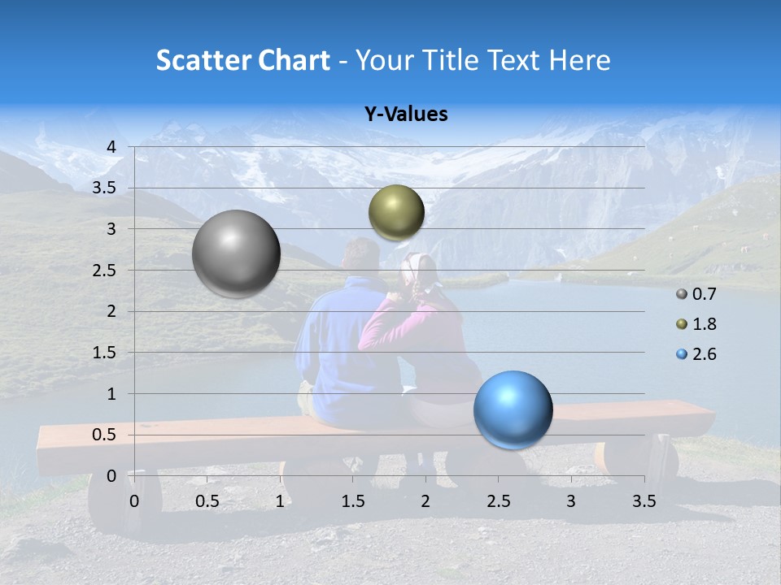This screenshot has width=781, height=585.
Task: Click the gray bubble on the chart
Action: click(x=236, y=253)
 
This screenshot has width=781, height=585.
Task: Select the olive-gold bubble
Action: click(x=396, y=212)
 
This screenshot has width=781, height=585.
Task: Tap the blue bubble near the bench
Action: click(x=513, y=409)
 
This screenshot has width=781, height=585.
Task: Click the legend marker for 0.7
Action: click(x=681, y=294)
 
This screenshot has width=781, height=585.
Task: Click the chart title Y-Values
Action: click(x=405, y=115)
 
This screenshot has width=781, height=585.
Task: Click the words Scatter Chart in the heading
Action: click(x=243, y=60)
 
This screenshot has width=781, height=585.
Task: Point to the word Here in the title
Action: click(x=580, y=60)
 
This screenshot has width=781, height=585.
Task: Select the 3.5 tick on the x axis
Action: click(x=644, y=501)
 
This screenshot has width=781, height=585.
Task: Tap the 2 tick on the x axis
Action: click(x=425, y=501)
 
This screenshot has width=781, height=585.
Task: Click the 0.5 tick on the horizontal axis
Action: click(x=207, y=501)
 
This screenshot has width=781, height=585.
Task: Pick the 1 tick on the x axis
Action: click(x=280, y=501)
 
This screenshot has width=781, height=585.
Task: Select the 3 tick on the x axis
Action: click(x=570, y=501)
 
